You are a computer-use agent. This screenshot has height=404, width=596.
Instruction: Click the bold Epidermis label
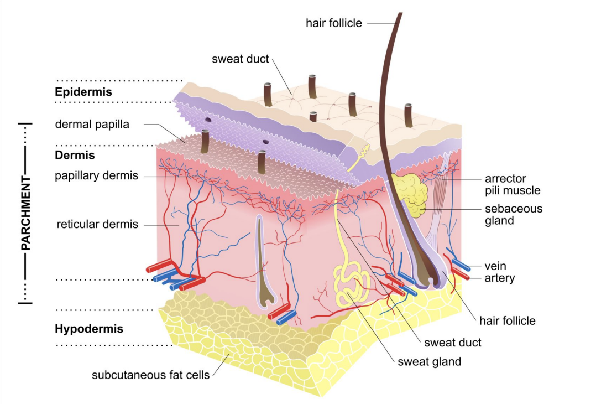pos(83,92)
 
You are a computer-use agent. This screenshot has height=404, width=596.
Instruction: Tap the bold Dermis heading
pos(75,156)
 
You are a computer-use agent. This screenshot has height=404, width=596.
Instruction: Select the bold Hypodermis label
pos(88,329)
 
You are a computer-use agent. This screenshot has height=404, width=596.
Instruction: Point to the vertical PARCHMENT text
pos(26,213)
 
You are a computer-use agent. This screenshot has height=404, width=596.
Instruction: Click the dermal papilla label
pos(92,124)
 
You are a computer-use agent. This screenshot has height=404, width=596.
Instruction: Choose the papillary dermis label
pos(96,177)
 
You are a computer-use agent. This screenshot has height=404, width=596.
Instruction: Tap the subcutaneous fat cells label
pos(150,375)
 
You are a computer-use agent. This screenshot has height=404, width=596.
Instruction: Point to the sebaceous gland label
pos(514,215)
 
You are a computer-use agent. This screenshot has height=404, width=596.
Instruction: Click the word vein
pos(495,266)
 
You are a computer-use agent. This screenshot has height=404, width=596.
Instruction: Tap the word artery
pos(499,278)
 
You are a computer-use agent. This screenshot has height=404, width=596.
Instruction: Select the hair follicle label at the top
pos(333,23)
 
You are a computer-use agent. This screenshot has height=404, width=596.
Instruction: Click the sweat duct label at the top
pos(240,59)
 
